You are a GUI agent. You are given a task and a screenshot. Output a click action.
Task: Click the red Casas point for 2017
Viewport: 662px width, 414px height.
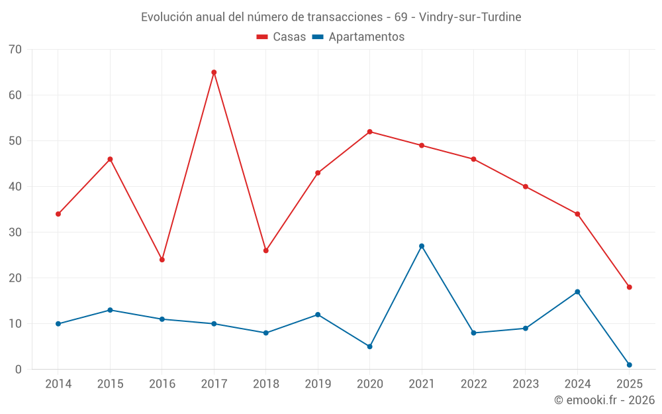(x=214, y=72)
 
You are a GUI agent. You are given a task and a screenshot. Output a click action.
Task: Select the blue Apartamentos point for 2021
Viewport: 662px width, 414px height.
(x=422, y=246)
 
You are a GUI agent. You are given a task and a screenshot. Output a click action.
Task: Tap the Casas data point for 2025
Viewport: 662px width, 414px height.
(x=630, y=287)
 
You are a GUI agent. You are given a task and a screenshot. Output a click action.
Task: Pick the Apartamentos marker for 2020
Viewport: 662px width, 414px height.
(x=370, y=346)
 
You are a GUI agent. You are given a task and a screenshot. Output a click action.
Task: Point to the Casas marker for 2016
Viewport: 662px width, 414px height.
(x=162, y=260)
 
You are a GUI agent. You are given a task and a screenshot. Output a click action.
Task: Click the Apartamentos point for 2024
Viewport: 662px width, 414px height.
(x=577, y=291)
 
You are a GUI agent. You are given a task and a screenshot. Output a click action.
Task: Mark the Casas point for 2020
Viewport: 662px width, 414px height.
(x=370, y=132)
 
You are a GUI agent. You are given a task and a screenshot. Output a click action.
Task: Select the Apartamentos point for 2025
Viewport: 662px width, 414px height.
(x=630, y=365)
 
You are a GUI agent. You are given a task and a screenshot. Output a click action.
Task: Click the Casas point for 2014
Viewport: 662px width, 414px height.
(x=58, y=214)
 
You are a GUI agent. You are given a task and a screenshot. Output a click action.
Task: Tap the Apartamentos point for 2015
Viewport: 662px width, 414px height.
(x=110, y=310)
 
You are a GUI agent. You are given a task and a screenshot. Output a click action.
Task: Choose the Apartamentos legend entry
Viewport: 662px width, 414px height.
(x=358, y=37)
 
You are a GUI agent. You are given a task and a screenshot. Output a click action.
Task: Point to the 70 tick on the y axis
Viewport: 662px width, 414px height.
(x=15, y=50)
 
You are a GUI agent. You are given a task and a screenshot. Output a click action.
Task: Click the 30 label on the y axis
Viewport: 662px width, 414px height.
(x=15, y=233)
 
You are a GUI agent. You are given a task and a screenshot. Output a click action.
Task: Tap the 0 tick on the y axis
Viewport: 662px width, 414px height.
(x=19, y=370)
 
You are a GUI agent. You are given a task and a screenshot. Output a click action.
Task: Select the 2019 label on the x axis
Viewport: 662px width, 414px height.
(x=318, y=384)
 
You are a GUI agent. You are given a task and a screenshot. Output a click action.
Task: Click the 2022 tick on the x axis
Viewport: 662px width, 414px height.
(x=473, y=384)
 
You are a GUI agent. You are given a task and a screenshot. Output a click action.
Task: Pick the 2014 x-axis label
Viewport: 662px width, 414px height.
(x=58, y=384)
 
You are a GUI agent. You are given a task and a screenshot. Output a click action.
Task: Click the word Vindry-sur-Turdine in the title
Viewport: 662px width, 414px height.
(x=470, y=17)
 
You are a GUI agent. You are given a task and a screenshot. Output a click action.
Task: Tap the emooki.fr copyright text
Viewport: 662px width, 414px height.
(x=604, y=400)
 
